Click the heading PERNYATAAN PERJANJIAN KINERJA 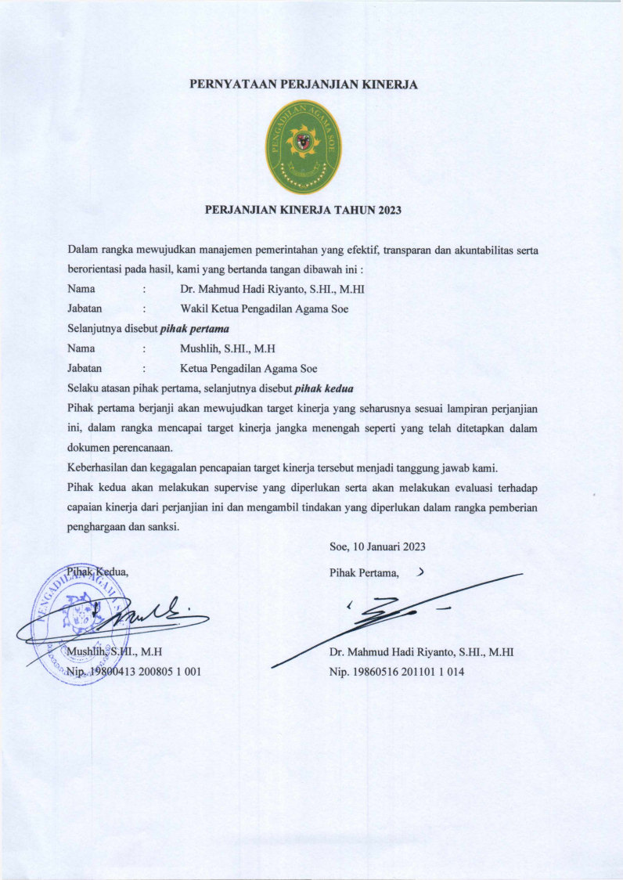(x=304, y=85)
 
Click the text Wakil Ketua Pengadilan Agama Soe (x=264, y=308)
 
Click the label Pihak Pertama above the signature (x=365, y=573)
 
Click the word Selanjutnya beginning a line (x=96, y=329)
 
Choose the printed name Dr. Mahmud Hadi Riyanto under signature (x=421, y=651)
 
